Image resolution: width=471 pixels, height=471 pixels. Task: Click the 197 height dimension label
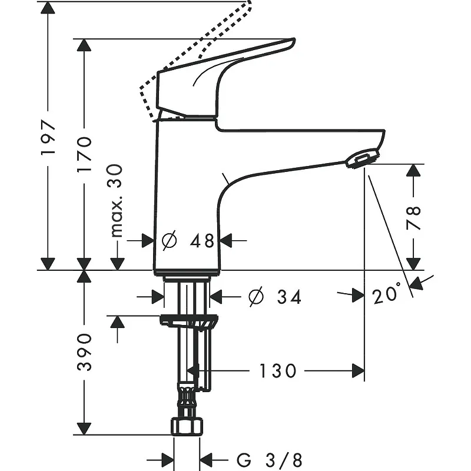click(48, 138)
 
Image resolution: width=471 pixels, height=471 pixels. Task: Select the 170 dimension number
click(84, 154)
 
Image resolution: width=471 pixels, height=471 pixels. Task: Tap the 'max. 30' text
click(116, 201)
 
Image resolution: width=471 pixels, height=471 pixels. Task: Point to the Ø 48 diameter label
click(188, 240)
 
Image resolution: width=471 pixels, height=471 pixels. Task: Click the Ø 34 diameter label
click(275, 297)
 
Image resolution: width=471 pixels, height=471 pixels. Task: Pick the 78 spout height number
click(413, 218)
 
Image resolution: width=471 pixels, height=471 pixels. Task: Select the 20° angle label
click(387, 293)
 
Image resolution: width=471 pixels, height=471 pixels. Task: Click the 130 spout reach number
click(277, 371)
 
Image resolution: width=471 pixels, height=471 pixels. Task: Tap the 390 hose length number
click(84, 351)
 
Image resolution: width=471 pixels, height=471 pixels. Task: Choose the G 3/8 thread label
click(269, 460)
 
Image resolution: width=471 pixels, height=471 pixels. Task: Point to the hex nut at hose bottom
click(187, 426)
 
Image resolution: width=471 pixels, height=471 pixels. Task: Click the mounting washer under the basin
click(189, 321)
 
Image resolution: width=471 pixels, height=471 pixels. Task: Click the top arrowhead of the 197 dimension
click(48, 7)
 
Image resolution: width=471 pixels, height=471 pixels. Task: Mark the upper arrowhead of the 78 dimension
click(413, 170)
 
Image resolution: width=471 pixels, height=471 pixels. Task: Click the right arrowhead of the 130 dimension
click(359, 371)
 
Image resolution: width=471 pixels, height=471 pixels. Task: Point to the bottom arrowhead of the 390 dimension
click(84, 429)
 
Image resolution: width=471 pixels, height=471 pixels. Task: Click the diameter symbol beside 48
click(169, 240)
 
